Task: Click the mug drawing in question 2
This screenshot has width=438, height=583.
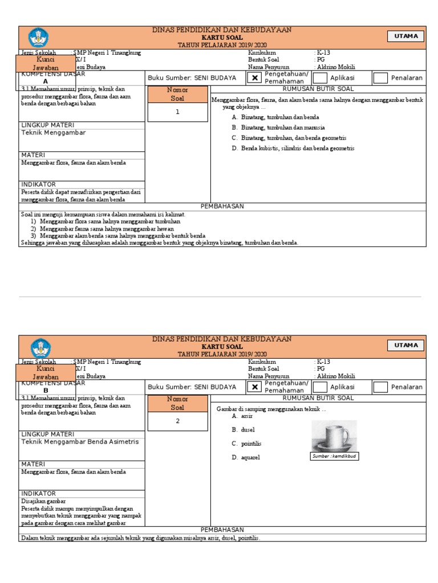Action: coord(334,436)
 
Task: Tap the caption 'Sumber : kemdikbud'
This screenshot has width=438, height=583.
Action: coord(334,456)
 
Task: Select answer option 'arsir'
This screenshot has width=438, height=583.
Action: coord(246,416)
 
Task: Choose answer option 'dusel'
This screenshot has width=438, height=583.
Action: coord(248,430)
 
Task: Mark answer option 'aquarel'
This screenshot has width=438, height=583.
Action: coord(250,457)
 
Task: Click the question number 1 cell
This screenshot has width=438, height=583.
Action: coord(177,112)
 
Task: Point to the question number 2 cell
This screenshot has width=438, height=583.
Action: coord(177,421)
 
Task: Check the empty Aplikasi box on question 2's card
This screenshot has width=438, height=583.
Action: coord(321,387)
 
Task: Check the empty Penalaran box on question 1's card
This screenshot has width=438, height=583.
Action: coord(380,78)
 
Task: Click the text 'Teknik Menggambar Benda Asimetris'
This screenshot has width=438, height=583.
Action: coord(80,441)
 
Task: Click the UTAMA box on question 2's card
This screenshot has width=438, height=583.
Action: coord(406,345)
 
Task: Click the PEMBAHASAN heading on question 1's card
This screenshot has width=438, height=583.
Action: coord(222,206)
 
